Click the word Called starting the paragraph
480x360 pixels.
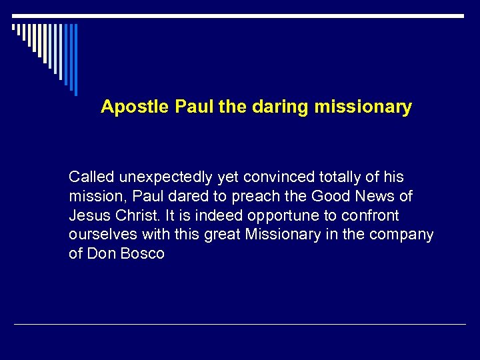pyautogui.click(x=91, y=177)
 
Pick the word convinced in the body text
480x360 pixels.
pyautogui.click(x=275, y=177)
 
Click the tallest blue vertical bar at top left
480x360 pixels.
pyautogui.click(x=75, y=59)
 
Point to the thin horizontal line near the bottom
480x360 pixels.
pyautogui.click(x=240, y=325)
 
